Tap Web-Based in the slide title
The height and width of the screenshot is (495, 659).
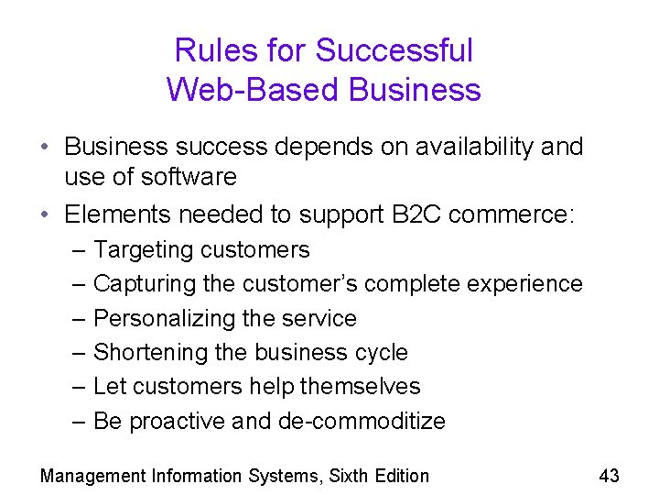239,90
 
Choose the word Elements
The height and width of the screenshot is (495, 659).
118,214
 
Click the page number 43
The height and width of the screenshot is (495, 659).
609,475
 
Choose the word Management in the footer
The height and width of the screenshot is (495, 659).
93,476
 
